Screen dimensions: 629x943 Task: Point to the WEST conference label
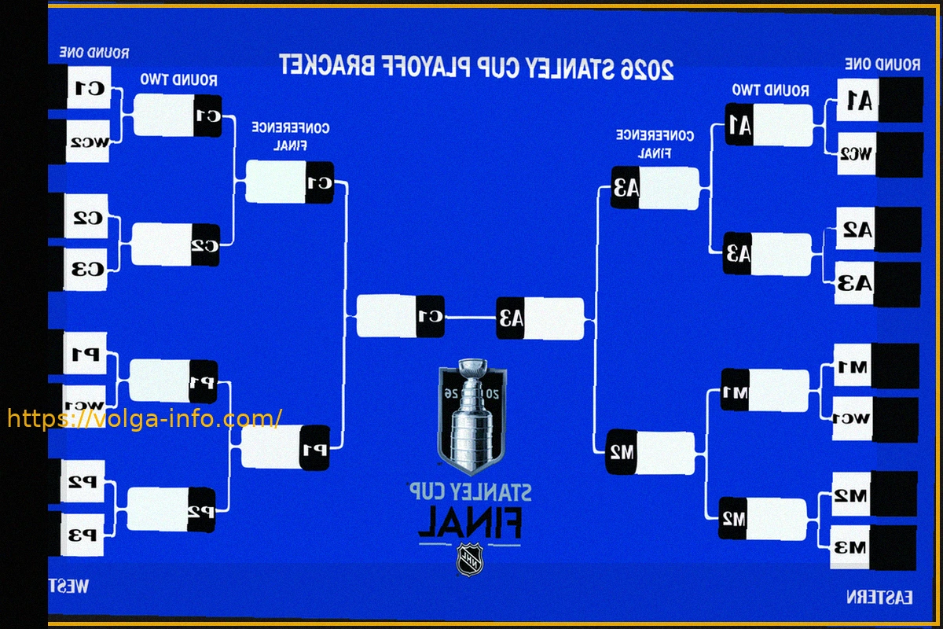tap(69, 586)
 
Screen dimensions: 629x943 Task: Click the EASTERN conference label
tap(879, 598)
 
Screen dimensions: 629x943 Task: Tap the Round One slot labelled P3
tap(83, 535)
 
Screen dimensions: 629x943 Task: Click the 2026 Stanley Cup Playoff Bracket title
tap(476, 68)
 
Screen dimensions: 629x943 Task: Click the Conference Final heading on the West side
tap(290, 136)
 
